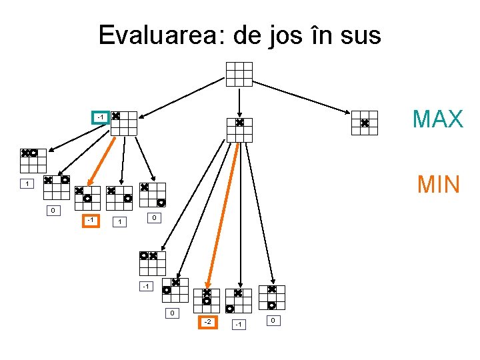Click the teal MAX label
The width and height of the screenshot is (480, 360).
point(437,119)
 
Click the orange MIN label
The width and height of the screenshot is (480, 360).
point(438,183)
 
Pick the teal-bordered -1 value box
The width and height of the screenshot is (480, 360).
point(99,118)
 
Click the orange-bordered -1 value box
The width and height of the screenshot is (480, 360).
point(90,220)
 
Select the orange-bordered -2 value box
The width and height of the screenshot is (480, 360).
point(208,323)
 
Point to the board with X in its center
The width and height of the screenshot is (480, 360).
point(239,129)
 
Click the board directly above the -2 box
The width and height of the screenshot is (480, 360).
point(207,300)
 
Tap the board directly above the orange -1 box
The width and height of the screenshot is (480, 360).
point(87,198)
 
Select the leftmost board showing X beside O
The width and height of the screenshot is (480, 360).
point(33,160)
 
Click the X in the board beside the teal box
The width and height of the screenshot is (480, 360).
point(115,116)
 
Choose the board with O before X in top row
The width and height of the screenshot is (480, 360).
point(152,263)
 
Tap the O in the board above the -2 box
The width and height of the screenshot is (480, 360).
point(207,301)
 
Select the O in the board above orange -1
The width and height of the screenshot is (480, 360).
point(87,198)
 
